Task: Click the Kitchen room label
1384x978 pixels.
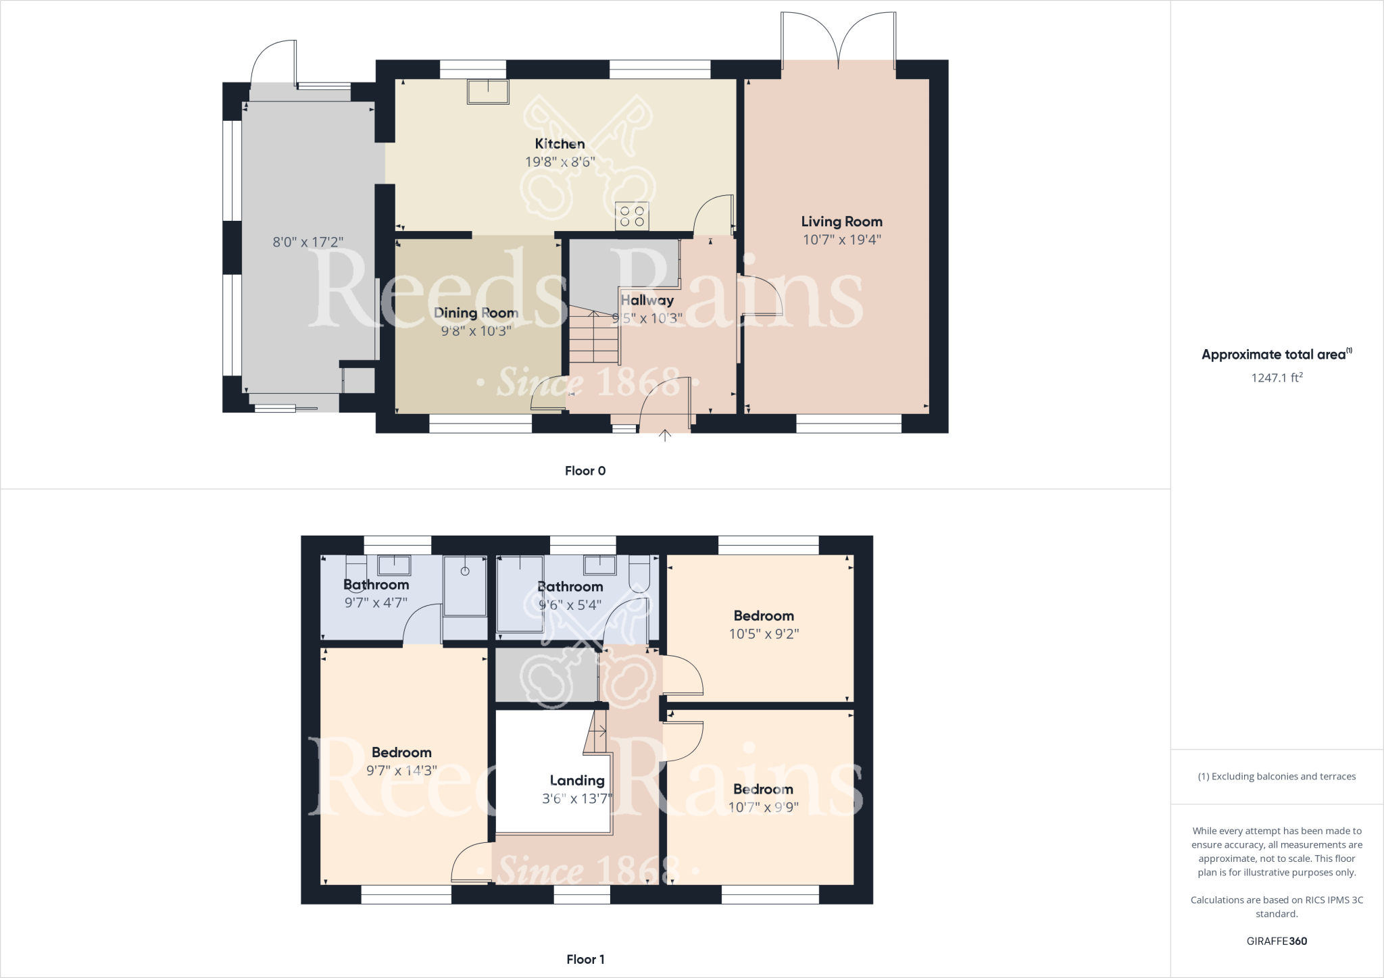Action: (560, 144)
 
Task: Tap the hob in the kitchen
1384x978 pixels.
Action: (632, 216)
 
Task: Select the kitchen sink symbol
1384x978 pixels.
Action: (488, 92)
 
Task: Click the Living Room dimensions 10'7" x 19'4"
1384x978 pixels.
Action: (841, 240)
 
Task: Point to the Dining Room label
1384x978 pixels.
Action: (476, 313)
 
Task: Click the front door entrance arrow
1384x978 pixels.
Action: (665, 436)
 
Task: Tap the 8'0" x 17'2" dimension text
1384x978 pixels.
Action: (308, 242)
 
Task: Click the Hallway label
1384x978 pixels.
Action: (647, 300)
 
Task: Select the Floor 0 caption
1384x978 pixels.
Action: (585, 471)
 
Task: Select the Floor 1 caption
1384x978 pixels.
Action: (585, 959)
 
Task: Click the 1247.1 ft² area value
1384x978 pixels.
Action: (1277, 378)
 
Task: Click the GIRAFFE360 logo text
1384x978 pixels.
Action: (1277, 941)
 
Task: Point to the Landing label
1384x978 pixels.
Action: (576, 780)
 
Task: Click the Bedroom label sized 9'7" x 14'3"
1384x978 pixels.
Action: (401, 752)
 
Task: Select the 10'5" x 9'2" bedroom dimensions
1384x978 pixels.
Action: (764, 634)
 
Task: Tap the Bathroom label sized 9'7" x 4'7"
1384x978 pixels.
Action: (376, 585)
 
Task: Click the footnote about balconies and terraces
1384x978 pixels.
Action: (1277, 776)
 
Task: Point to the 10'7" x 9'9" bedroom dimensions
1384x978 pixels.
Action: (763, 807)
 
